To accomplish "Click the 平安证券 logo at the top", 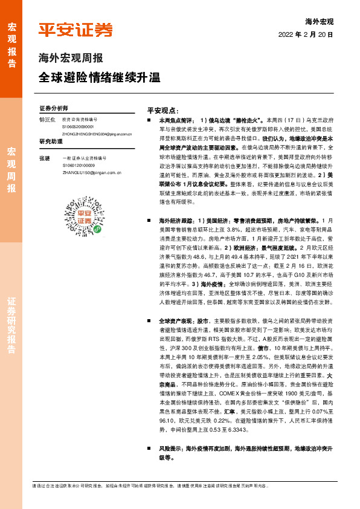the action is [x=76, y=30].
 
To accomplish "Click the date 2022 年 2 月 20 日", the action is [x=306, y=35].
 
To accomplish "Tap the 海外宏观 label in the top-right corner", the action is [x=319, y=22].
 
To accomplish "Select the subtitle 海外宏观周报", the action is [x=71, y=59].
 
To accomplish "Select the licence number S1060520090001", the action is [x=78, y=127].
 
